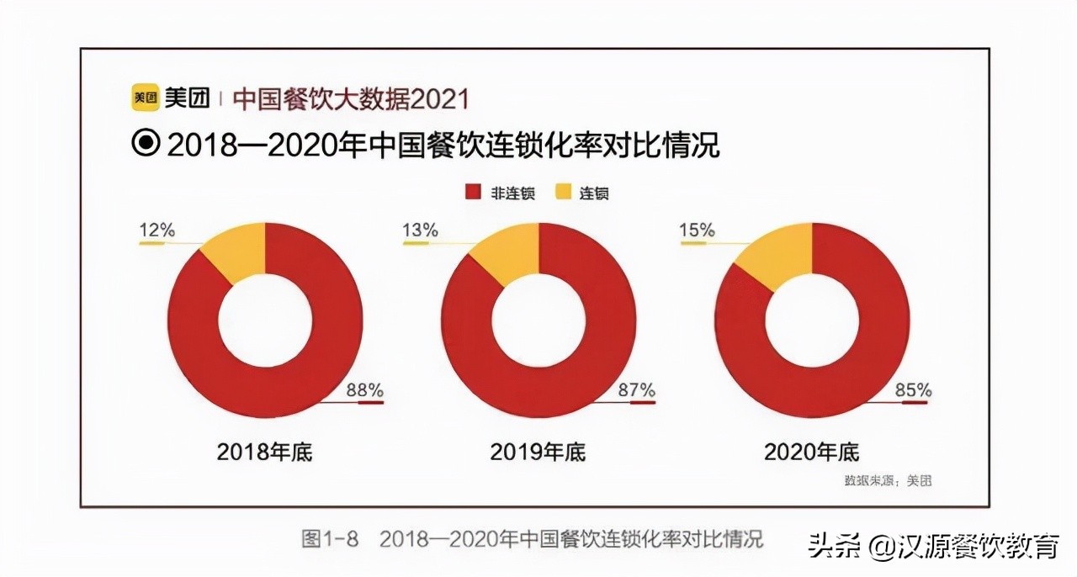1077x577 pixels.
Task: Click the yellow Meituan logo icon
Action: (x=145, y=98)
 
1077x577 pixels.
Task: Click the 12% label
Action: (x=157, y=230)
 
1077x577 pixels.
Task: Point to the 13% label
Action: (x=420, y=230)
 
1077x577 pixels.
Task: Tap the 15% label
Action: (x=697, y=230)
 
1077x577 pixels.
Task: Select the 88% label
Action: (x=365, y=390)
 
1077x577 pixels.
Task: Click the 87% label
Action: (x=636, y=390)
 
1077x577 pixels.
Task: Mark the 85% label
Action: (x=913, y=390)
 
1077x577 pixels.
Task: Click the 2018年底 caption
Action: (x=264, y=452)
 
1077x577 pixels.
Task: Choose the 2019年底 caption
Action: (x=538, y=452)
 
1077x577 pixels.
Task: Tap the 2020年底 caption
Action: (x=811, y=452)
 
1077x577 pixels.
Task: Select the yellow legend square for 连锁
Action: (x=563, y=193)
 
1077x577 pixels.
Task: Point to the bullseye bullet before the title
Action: (x=146, y=144)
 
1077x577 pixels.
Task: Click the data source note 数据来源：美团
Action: (x=888, y=481)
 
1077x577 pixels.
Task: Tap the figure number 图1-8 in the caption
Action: (x=330, y=539)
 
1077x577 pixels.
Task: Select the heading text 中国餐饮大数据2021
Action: (x=350, y=99)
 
